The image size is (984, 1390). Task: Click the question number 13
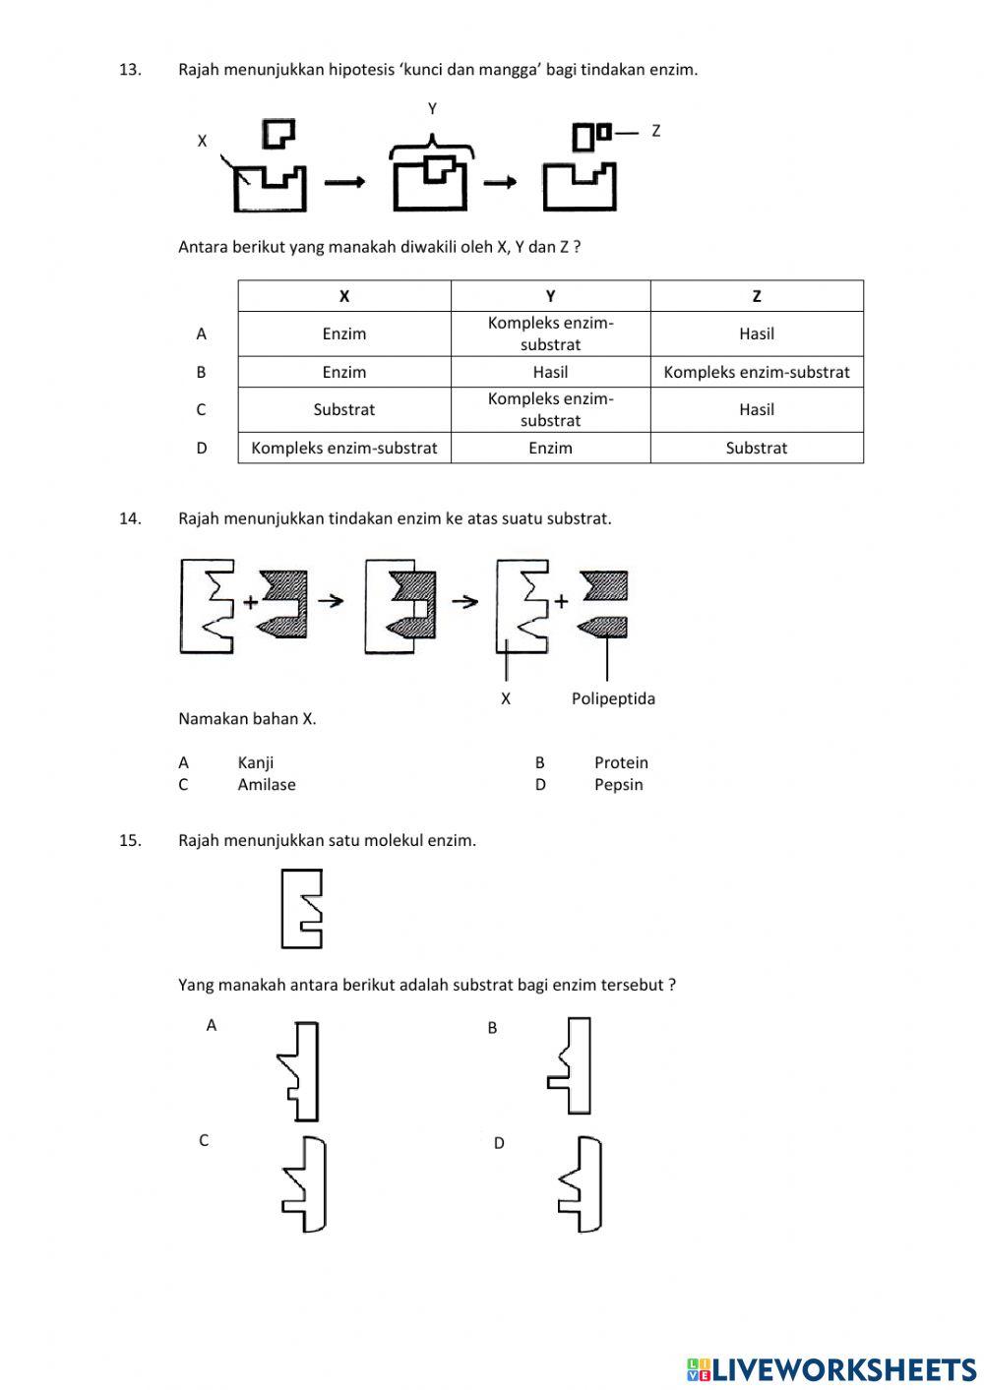(x=130, y=69)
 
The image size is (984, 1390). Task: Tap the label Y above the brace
(x=432, y=108)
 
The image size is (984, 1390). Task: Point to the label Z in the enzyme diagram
(x=656, y=130)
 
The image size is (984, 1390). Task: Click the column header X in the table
(x=344, y=296)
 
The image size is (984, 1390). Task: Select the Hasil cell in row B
(x=550, y=372)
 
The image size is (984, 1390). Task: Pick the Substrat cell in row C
(x=344, y=409)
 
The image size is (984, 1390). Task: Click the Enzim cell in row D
(x=550, y=448)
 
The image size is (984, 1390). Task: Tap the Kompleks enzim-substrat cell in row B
(x=757, y=372)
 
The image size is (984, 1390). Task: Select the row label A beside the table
(x=202, y=333)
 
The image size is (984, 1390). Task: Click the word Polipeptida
(x=613, y=698)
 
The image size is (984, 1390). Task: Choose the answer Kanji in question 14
(x=256, y=762)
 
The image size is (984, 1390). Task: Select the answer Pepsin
(x=618, y=784)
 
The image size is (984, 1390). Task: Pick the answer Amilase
(x=267, y=784)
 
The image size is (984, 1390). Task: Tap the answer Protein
(x=621, y=762)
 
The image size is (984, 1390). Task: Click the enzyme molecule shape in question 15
(x=301, y=908)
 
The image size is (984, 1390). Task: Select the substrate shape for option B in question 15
(x=572, y=1065)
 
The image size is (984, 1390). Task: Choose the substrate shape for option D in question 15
(x=583, y=1183)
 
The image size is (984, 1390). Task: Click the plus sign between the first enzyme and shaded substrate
(x=250, y=602)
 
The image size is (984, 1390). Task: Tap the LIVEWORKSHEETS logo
(x=831, y=1368)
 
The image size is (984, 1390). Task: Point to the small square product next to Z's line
(x=604, y=131)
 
